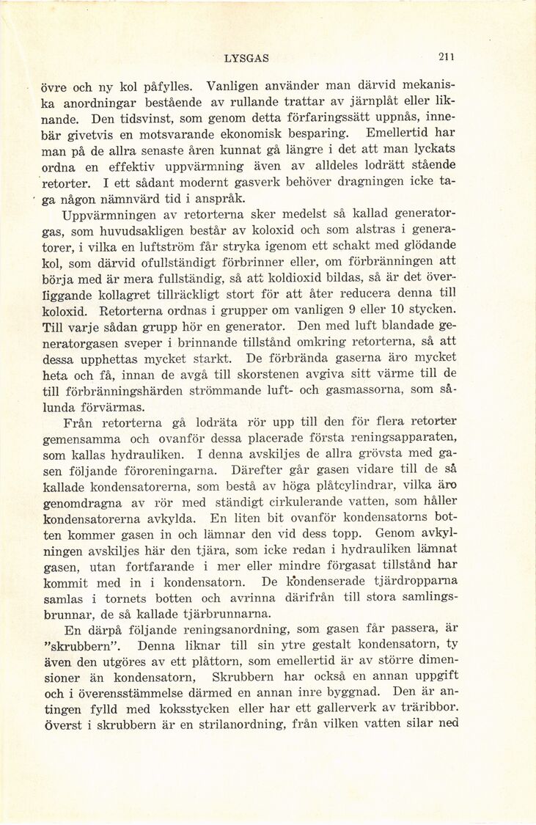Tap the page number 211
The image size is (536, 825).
click(x=447, y=57)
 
